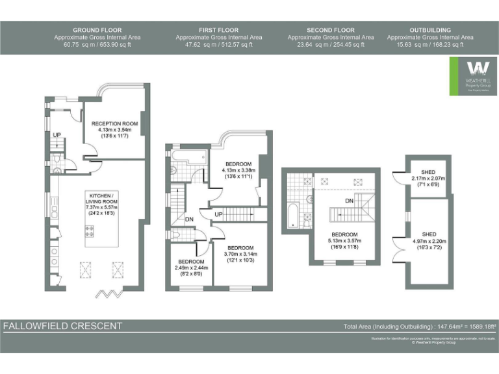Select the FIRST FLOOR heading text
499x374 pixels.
pyautogui.click(x=218, y=30)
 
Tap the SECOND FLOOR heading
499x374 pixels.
pyautogui.click(x=330, y=30)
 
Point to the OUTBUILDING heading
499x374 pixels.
pyautogui.click(x=430, y=30)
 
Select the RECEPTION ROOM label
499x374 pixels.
pyautogui.click(x=114, y=123)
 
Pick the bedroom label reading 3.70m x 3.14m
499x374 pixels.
pyautogui.click(x=240, y=247)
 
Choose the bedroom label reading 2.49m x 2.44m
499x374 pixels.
pyautogui.click(x=188, y=262)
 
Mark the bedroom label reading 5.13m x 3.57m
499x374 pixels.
pyautogui.click(x=344, y=234)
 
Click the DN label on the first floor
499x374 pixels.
pyautogui.click(x=189, y=219)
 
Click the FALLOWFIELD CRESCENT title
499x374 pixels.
pyautogui.click(x=62, y=325)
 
